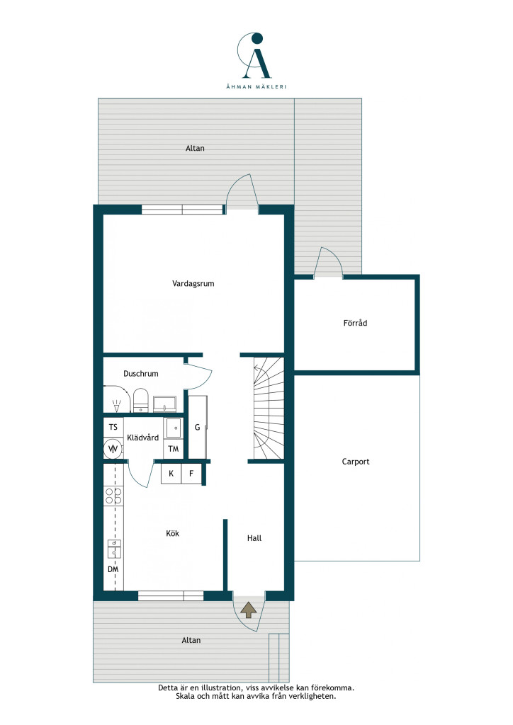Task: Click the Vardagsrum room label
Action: click(x=193, y=283)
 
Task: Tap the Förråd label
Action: click(x=355, y=323)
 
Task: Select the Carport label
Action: click(x=355, y=462)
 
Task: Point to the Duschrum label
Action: click(x=140, y=374)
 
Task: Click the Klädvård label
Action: click(x=142, y=438)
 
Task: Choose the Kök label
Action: click(x=173, y=533)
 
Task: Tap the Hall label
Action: click(x=254, y=538)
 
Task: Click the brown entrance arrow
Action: click(x=249, y=610)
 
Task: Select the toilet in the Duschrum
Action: click(x=140, y=401)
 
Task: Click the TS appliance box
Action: click(x=113, y=427)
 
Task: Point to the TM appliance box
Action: click(x=174, y=448)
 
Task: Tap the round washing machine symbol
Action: click(x=113, y=448)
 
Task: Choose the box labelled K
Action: click(x=171, y=474)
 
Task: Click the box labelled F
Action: click(x=191, y=474)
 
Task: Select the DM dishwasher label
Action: click(x=113, y=569)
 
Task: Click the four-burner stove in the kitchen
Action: click(x=113, y=496)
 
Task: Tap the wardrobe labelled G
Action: click(x=198, y=427)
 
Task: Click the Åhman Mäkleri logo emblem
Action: click(x=255, y=55)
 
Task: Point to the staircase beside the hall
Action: click(x=269, y=408)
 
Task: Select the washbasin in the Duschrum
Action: click(x=164, y=404)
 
